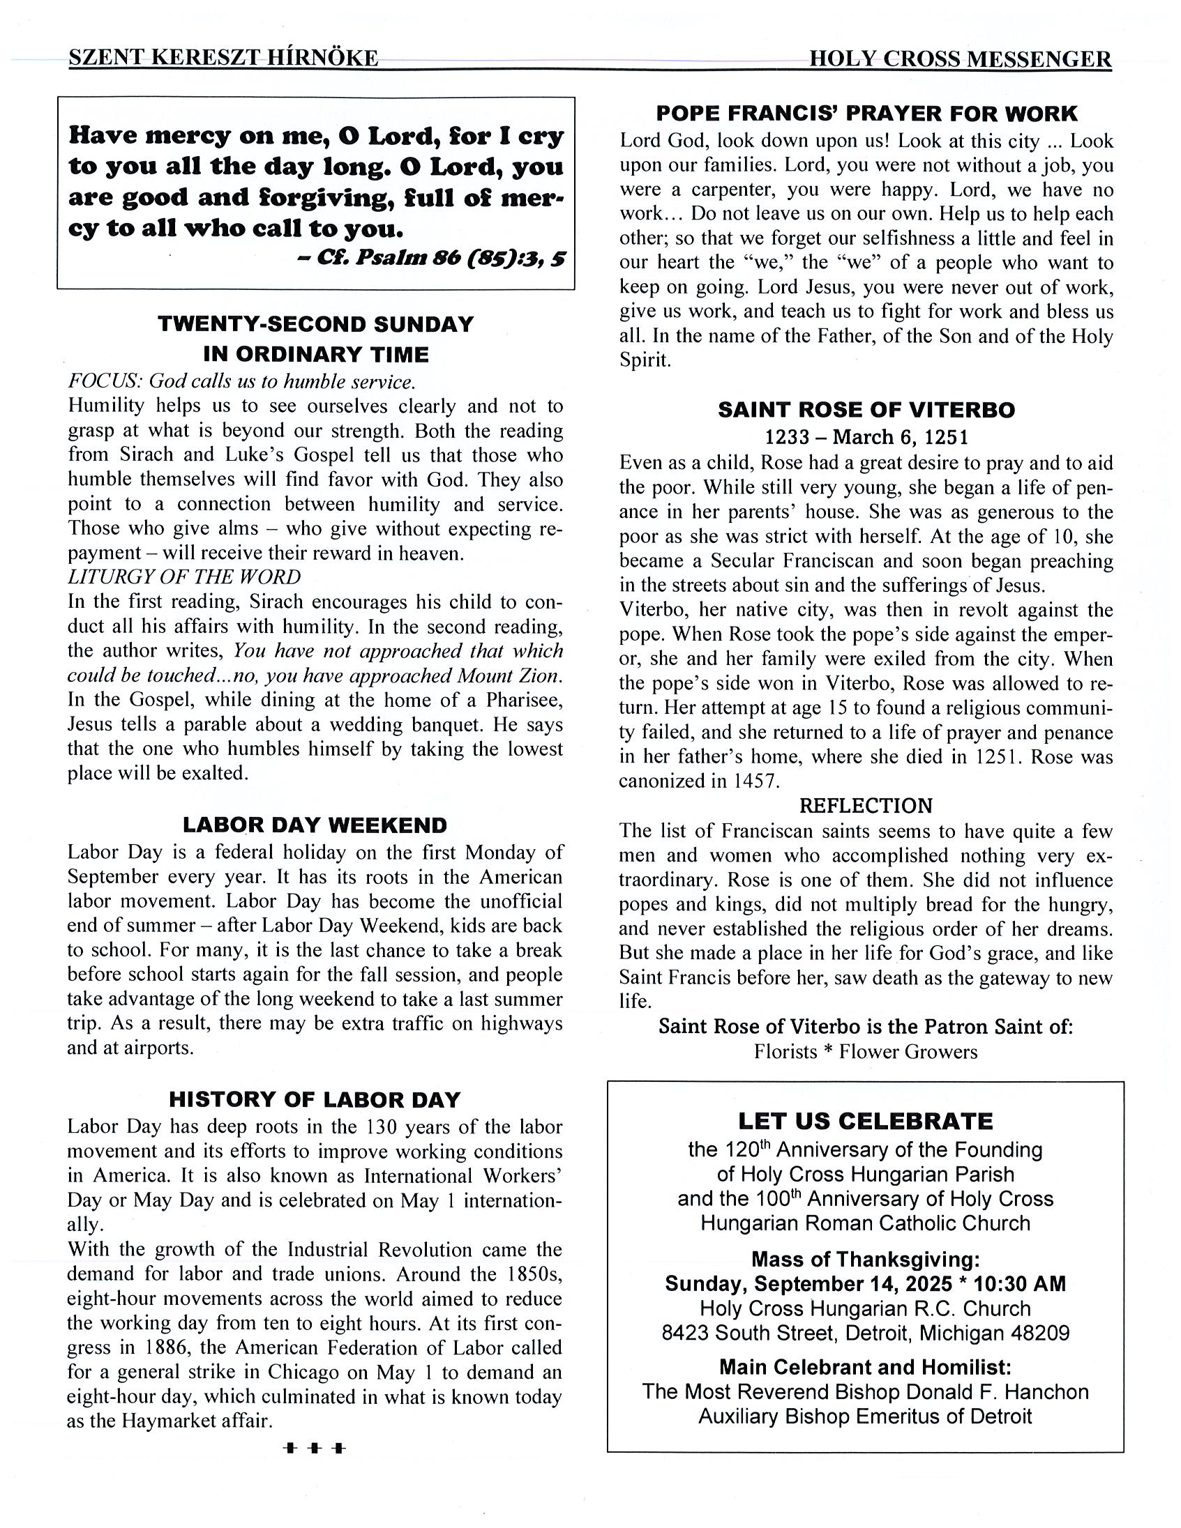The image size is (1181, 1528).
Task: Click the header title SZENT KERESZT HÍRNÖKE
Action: [x=223, y=58]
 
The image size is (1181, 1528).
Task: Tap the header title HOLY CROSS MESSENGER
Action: [x=960, y=59]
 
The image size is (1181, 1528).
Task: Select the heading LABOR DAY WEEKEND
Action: [x=315, y=825]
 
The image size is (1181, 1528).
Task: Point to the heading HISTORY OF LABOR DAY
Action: [x=315, y=1100]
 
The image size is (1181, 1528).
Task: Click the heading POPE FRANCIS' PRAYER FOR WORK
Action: [x=866, y=114]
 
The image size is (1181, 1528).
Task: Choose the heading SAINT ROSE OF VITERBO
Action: [x=866, y=410]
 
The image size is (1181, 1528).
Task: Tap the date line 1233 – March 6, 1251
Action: [x=866, y=437]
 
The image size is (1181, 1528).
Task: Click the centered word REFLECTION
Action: [x=866, y=806]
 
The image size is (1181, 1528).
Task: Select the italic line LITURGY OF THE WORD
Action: [x=184, y=577]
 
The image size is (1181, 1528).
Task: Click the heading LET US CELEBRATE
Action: [x=865, y=1122]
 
